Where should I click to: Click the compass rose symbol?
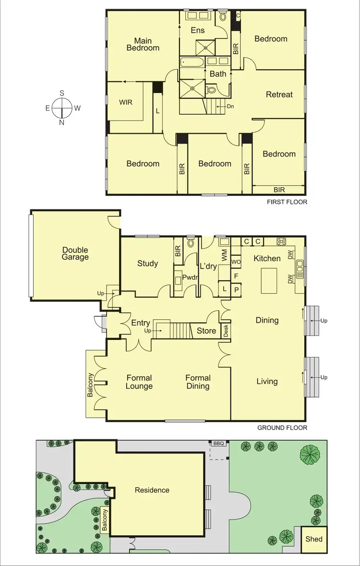[x=62, y=108]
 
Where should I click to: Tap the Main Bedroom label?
[x=143, y=44]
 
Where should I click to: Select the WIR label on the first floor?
[x=125, y=102]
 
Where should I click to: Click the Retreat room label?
[x=279, y=95]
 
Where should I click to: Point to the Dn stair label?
[x=230, y=107]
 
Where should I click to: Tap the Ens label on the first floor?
[x=197, y=30]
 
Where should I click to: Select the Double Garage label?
[x=75, y=253]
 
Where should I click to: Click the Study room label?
[x=147, y=263]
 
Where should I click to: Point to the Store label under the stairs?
[x=206, y=331]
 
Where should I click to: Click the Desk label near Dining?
[x=226, y=331]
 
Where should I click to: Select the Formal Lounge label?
[x=139, y=382]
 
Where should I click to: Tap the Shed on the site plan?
[x=314, y=539]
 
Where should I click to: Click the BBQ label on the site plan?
[x=218, y=444]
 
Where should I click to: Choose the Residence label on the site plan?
[x=152, y=490]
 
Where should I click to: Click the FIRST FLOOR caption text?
[x=287, y=202]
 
